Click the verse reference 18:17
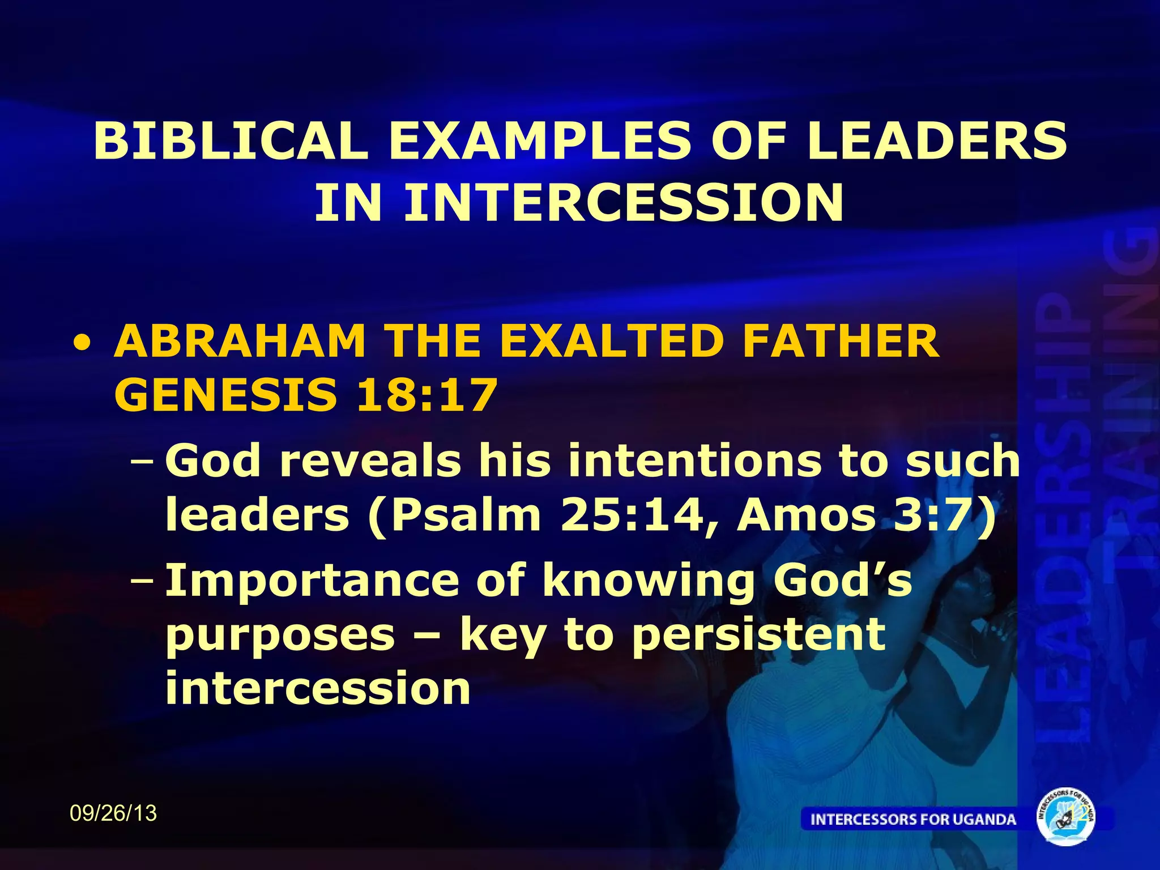427,395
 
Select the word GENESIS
225,395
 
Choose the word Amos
806,515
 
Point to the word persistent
758,634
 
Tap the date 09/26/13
113,813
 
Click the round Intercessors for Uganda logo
1065,817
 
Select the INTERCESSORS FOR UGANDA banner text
913,819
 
